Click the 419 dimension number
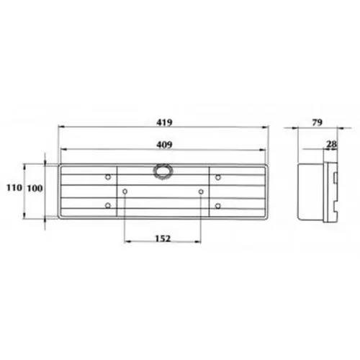pyautogui.click(x=164, y=122)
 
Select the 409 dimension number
pyautogui.click(x=164, y=145)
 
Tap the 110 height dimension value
pyautogui.click(x=14, y=187)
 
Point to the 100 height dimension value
pyautogui.click(x=35, y=189)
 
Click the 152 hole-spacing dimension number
pyautogui.click(x=163, y=238)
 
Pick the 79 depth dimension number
pyautogui.click(x=317, y=122)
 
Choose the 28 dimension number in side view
pyautogui.click(x=331, y=144)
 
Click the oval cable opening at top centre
pyautogui.click(x=163, y=171)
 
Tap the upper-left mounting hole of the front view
pyautogui.click(x=108, y=177)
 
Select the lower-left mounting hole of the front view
pyautogui.click(x=108, y=205)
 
